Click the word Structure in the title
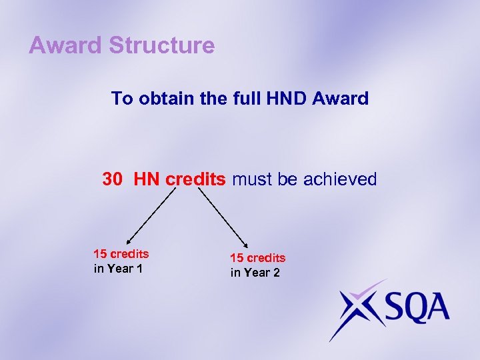(x=162, y=46)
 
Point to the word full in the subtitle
(x=245, y=99)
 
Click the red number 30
(x=113, y=179)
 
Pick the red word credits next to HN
(x=196, y=179)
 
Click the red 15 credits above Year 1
(x=121, y=254)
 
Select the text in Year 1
(x=118, y=269)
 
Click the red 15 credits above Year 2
(x=257, y=258)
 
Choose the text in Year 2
(x=255, y=273)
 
